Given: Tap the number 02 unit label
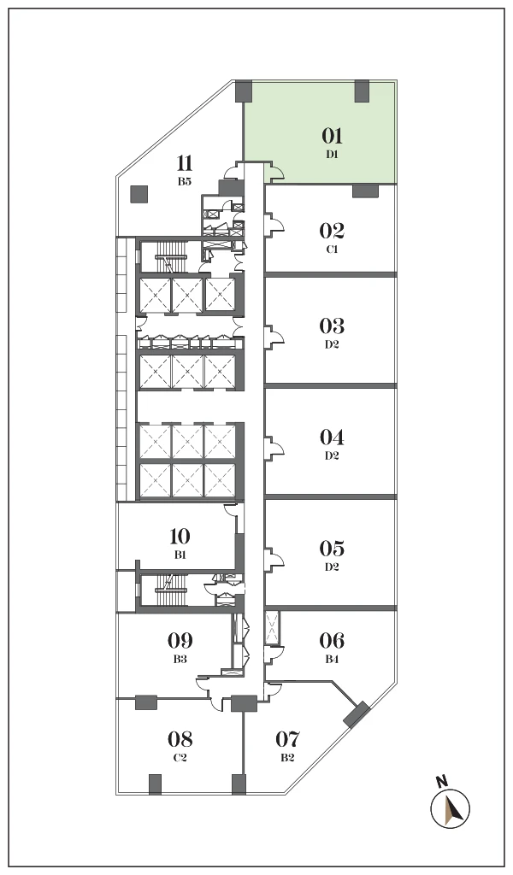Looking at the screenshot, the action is coord(332,231).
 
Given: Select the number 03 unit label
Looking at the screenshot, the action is coord(332,326).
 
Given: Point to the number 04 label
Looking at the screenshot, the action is coord(332,437).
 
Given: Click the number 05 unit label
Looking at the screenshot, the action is coord(332,549).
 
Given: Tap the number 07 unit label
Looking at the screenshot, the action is coord(287,739).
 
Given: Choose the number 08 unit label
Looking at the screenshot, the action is coord(180,739).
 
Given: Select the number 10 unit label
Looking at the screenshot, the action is coord(180,537).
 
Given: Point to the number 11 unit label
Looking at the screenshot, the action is coord(184,163).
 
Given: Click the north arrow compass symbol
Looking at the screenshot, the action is coord(450,807).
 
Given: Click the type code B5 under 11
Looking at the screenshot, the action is coord(184,181).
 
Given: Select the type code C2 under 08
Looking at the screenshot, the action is coord(180,758).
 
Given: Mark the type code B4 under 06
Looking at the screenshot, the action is coord(332,659).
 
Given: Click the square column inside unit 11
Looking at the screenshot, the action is coord(139,194).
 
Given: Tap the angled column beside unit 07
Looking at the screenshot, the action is coord(357,715).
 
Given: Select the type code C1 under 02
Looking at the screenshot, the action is coord(332,250).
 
